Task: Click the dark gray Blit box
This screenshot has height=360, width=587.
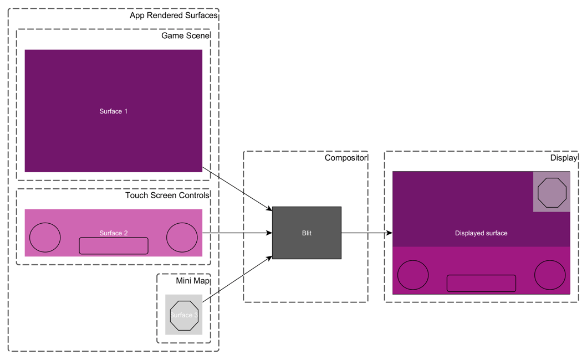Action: pos(307,233)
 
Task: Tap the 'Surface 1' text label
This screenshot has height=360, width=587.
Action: pos(114,111)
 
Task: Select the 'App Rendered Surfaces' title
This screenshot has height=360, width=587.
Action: pos(173,16)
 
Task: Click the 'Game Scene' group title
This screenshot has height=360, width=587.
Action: pos(185,36)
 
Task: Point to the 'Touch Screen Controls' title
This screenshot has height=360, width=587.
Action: pos(167,196)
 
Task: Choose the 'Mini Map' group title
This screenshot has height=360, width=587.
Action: pos(192,281)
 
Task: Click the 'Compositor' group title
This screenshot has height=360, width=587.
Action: pos(345,158)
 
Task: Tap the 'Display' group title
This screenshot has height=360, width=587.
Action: pos(563,158)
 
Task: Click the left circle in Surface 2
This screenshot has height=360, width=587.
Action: pos(45,237)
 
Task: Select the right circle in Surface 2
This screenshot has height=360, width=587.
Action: pos(182,237)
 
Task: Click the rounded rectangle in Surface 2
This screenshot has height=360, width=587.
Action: pos(114,246)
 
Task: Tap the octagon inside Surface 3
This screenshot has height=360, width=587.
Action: pos(184,316)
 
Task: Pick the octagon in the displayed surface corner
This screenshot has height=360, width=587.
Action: pos(552,192)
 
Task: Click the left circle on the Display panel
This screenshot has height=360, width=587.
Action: pos(413,275)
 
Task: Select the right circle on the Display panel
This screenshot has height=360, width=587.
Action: pos(550,275)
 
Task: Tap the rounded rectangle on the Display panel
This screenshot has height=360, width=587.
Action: pos(481,283)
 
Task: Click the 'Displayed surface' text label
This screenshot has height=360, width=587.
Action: pos(481,233)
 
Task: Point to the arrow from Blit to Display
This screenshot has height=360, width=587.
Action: pos(366,233)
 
